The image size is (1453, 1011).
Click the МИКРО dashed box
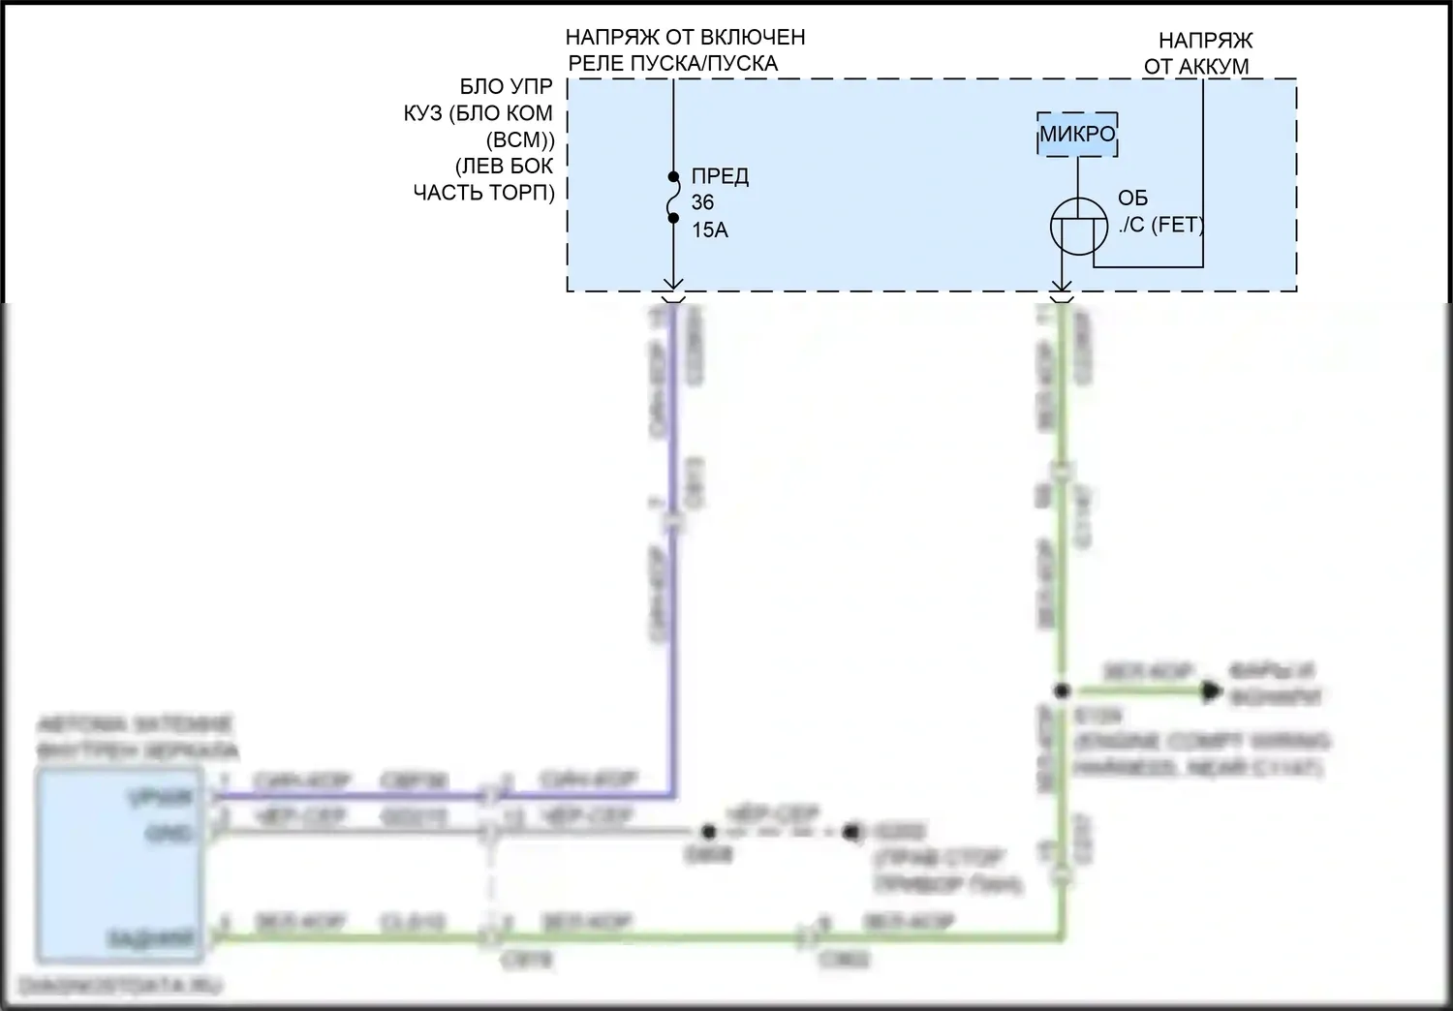[x=1077, y=135]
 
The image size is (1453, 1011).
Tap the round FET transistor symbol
[x=1078, y=227]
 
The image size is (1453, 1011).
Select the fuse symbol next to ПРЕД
[x=673, y=199]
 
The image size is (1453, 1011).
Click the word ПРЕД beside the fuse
[x=720, y=176]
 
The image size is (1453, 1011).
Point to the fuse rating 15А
[x=709, y=230]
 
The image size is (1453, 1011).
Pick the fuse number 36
[x=702, y=203]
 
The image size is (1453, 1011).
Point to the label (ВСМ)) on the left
[x=519, y=139]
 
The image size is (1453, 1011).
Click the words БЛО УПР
[x=506, y=87]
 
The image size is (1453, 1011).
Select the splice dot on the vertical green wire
[x=1062, y=691]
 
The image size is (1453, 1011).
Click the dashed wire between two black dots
[x=780, y=831]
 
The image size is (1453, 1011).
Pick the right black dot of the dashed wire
[x=851, y=831]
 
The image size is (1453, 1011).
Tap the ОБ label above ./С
[x=1132, y=199]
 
